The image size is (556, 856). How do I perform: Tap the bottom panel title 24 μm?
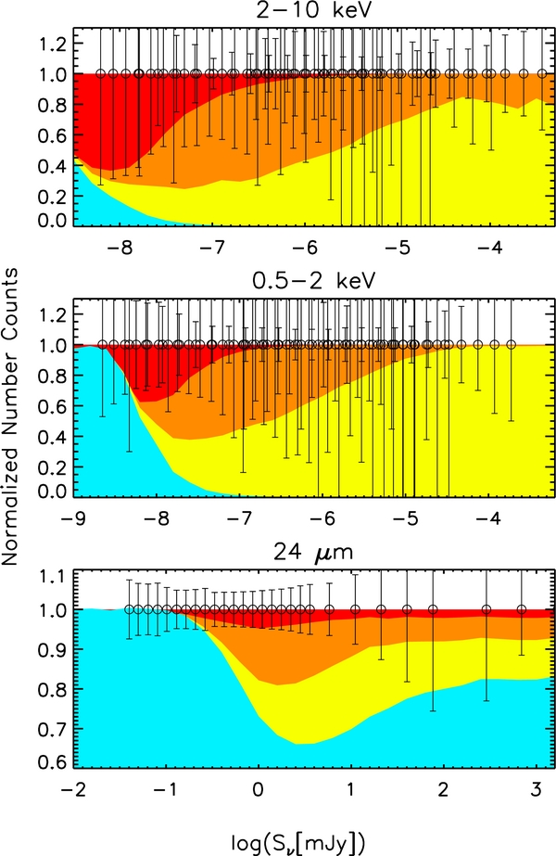306,555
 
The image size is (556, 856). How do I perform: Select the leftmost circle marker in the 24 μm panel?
130,609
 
